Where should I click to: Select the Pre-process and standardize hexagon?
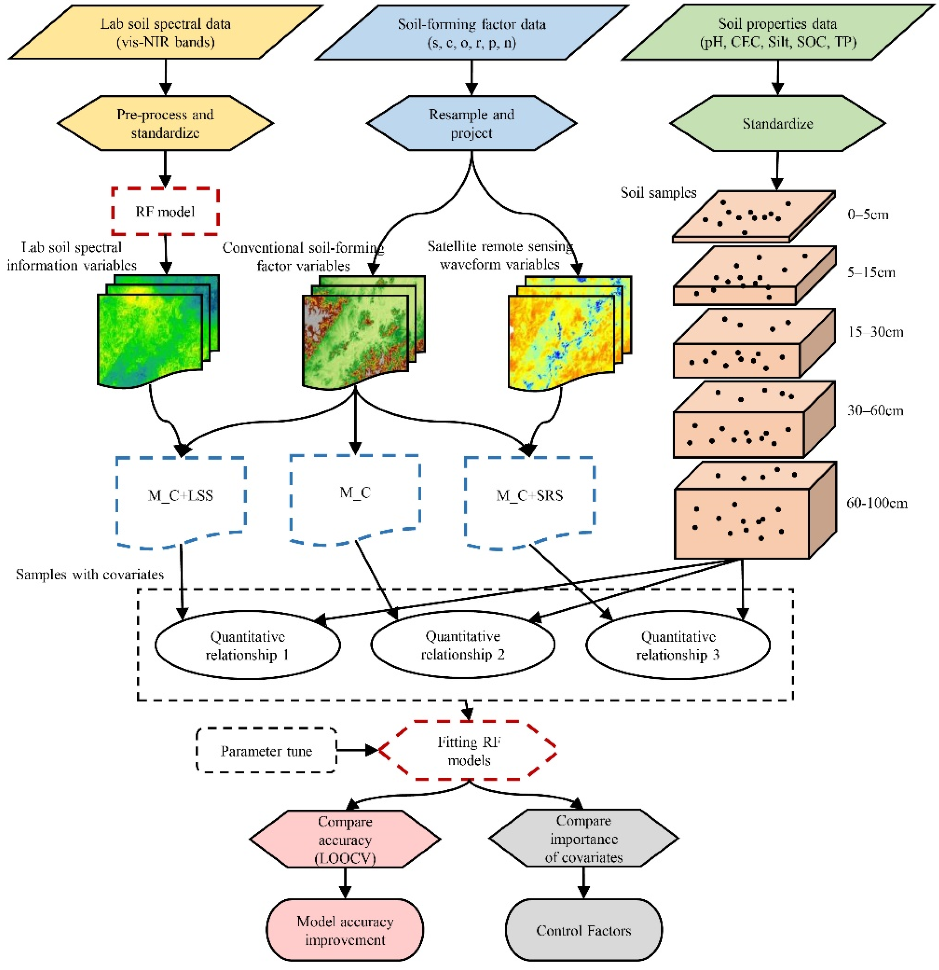(x=165, y=123)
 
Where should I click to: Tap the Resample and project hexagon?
(x=471, y=123)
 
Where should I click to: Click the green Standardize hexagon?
(x=777, y=123)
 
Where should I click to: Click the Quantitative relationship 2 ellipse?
(x=462, y=645)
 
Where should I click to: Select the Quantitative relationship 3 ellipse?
(x=678, y=645)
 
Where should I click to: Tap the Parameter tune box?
(x=266, y=751)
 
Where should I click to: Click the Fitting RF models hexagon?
(x=468, y=751)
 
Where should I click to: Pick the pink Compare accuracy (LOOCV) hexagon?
(x=345, y=839)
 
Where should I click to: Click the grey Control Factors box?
(x=584, y=930)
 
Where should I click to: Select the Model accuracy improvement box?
(x=345, y=930)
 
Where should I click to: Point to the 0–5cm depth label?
(x=868, y=215)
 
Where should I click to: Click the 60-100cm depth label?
(x=877, y=503)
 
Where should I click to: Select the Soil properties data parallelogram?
(x=777, y=33)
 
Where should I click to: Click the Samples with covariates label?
(x=90, y=574)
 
